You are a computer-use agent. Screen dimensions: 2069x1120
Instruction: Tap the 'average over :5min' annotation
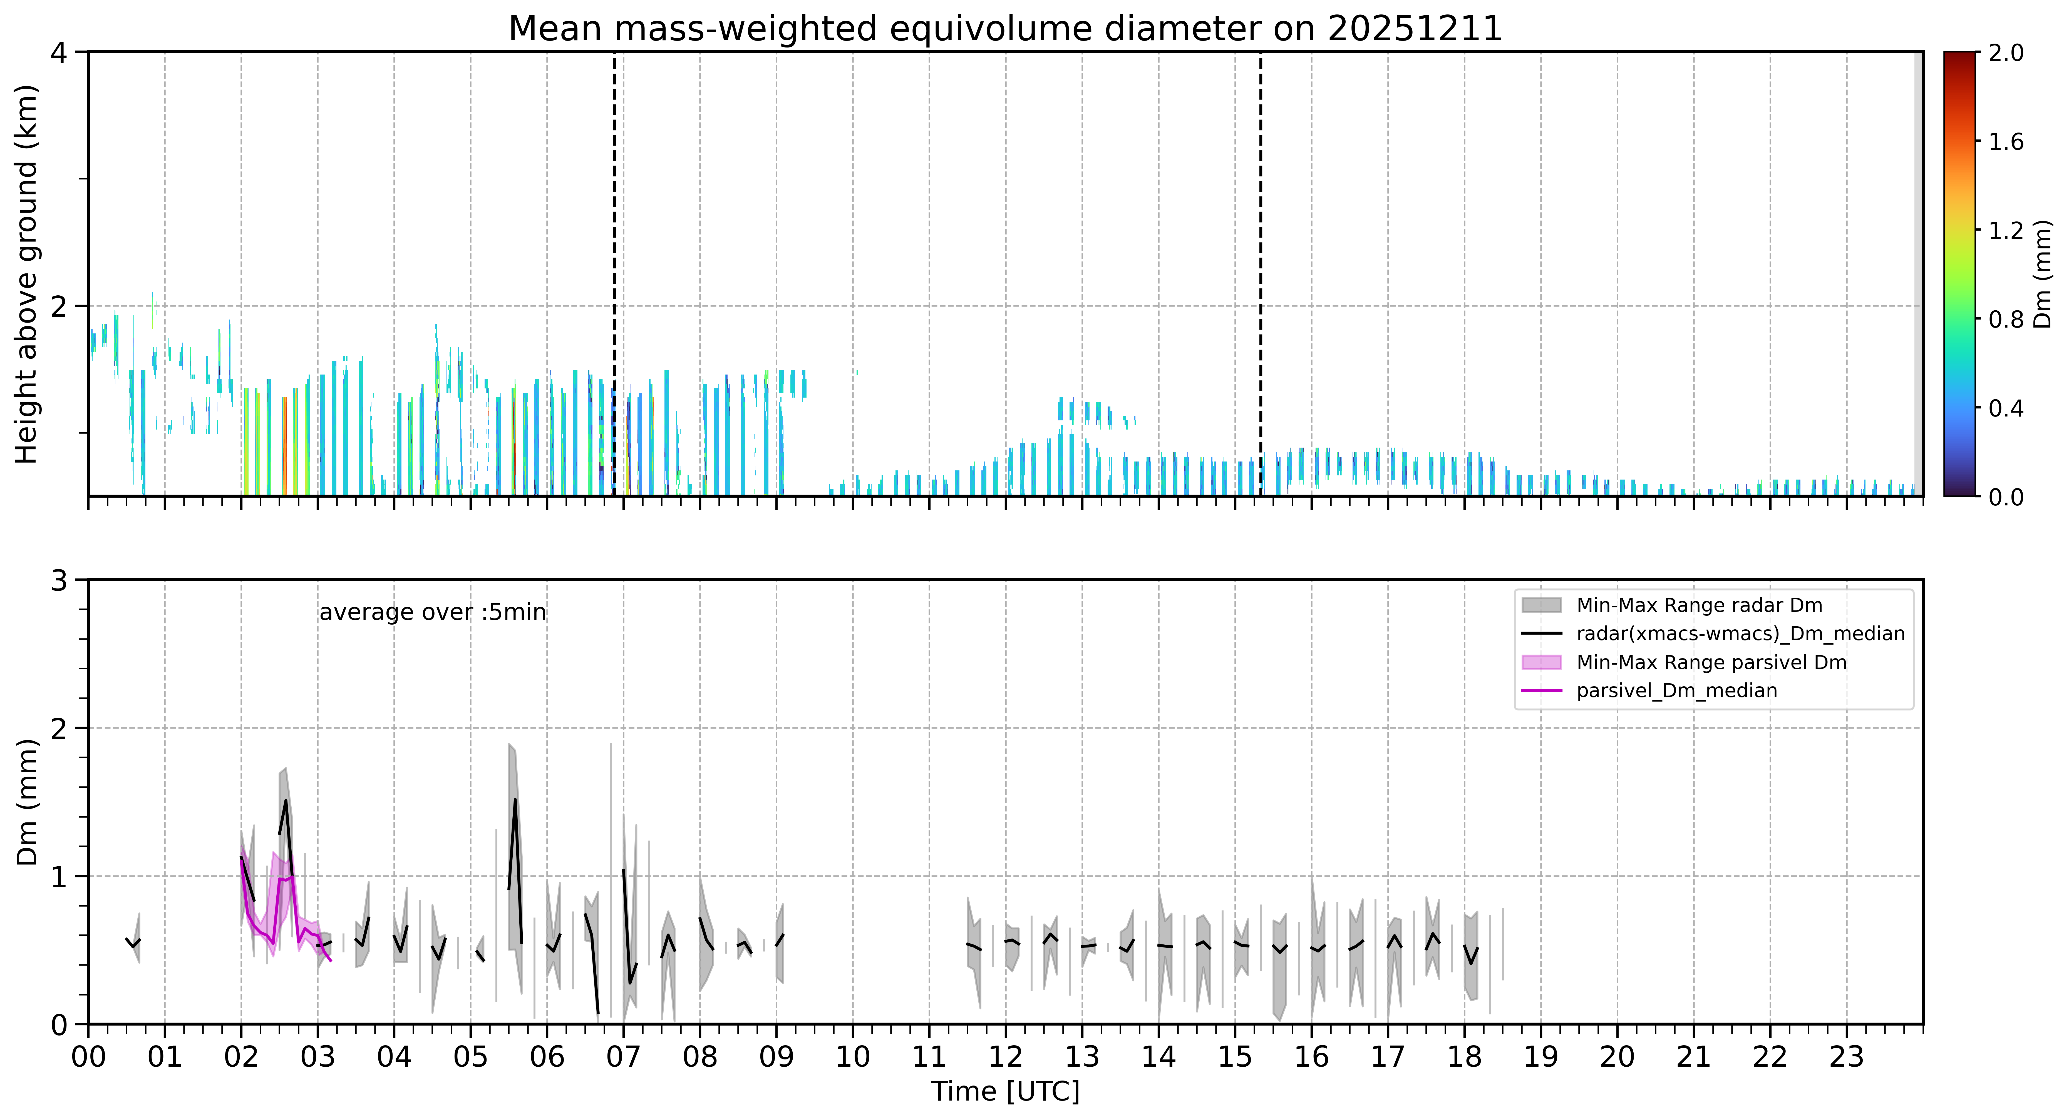432,613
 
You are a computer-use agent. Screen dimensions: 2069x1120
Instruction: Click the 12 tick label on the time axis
1006,1057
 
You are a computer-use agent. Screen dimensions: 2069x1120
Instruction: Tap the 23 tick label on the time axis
1847,1057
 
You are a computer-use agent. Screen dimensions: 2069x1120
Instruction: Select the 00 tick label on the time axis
88,1057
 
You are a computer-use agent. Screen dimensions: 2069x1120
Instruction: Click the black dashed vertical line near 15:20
1260,274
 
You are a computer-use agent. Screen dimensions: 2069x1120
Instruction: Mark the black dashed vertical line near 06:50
614,274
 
